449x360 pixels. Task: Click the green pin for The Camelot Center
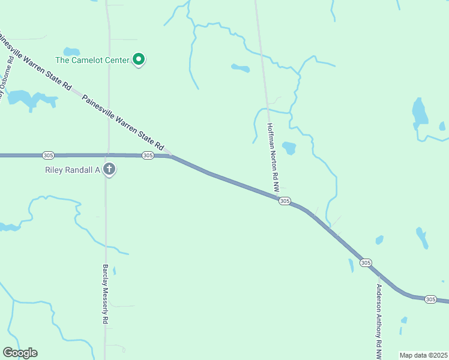point(139,59)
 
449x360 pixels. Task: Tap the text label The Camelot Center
point(93,60)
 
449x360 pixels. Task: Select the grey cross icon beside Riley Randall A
point(109,169)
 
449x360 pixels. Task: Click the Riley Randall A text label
point(72,170)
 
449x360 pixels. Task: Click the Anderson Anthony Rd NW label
point(379,321)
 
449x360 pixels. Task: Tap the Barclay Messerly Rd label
point(105,294)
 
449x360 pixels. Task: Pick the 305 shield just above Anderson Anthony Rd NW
point(366,263)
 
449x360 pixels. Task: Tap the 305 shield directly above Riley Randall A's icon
point(148,155)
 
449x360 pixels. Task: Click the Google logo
point(20,353)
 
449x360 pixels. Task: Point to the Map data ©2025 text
point(423,355)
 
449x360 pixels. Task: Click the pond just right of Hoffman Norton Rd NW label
point(289,148)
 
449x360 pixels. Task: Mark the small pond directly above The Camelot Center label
point(72,51)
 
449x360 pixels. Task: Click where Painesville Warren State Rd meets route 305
point(171,155)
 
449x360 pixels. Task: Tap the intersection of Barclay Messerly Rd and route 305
point(107,155)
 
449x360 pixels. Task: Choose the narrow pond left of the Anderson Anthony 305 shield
point(351,265)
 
